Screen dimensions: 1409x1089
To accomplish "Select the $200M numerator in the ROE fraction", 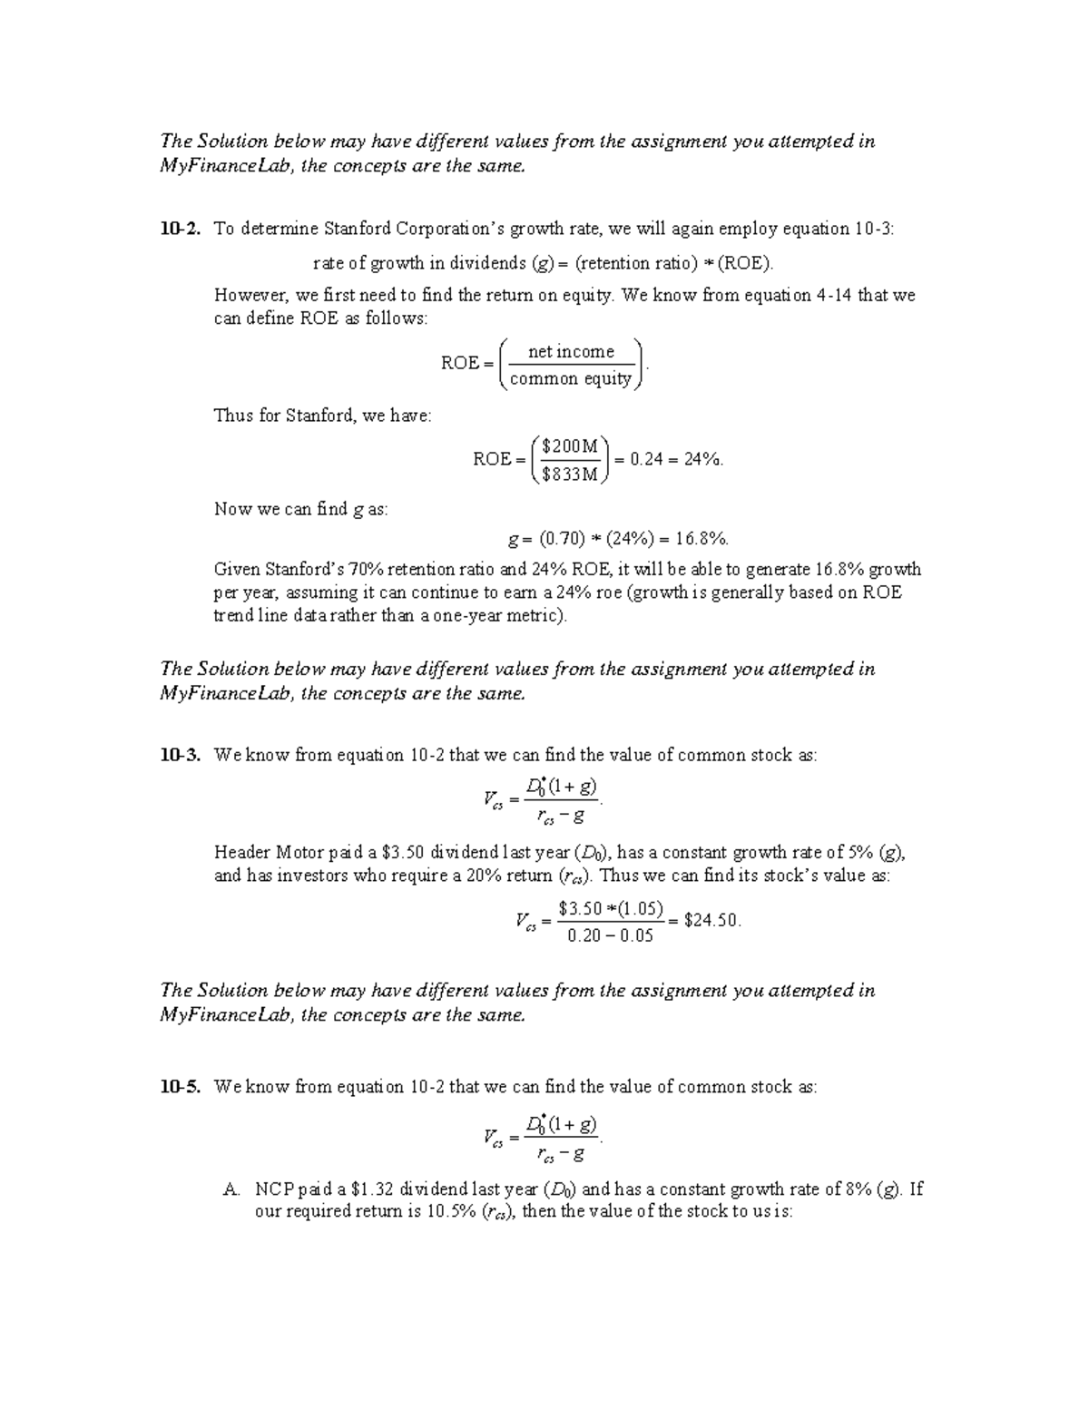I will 569,445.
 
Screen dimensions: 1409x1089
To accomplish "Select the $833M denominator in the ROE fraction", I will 569,474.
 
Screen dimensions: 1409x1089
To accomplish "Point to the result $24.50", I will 713,920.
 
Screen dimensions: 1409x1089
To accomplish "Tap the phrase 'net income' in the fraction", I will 571,351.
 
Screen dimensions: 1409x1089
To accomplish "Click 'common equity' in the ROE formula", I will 571,378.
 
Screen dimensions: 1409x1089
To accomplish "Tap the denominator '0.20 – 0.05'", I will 610,935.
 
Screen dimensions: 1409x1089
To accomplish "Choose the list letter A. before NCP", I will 230,1189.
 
